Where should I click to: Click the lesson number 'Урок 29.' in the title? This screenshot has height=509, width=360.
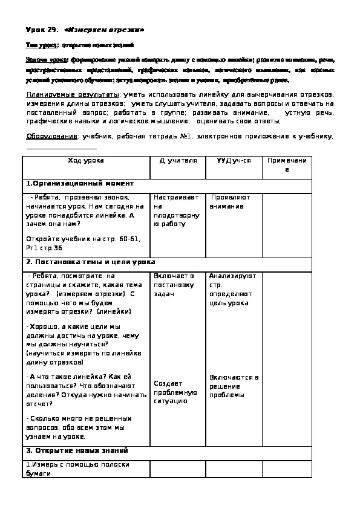coord(41,30)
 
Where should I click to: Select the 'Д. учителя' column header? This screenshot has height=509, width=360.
coord(178,160)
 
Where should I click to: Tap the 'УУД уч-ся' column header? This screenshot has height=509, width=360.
coord(234,160)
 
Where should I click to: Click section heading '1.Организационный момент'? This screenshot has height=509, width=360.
coord(79,183)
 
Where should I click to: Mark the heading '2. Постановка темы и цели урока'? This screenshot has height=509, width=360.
coord(90,262)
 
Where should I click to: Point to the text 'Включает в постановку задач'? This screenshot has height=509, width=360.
coord(174,284)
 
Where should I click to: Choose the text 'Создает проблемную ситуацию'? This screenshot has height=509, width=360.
coord(175,392)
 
